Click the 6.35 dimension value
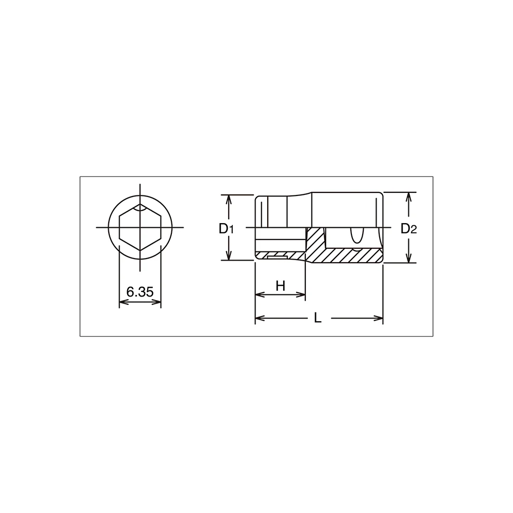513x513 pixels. pos(140,292)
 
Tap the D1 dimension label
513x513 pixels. pos(226,229)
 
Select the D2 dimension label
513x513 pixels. pos(409,229)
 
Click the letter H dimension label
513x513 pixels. pos(281,286)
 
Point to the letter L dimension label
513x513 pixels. pos(318,318)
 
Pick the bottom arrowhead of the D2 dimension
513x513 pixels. pos(408,258)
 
